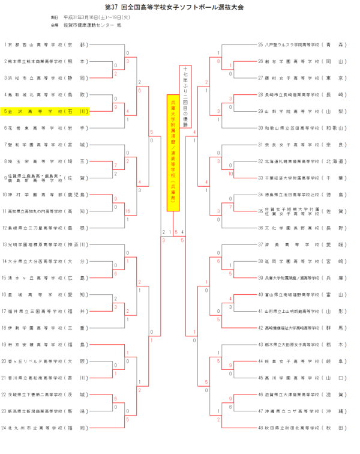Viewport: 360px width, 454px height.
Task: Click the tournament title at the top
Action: pyautogui.click(x=180, y=8)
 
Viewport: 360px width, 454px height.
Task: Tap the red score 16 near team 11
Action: pyautogui.click(x=128, y=211)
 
